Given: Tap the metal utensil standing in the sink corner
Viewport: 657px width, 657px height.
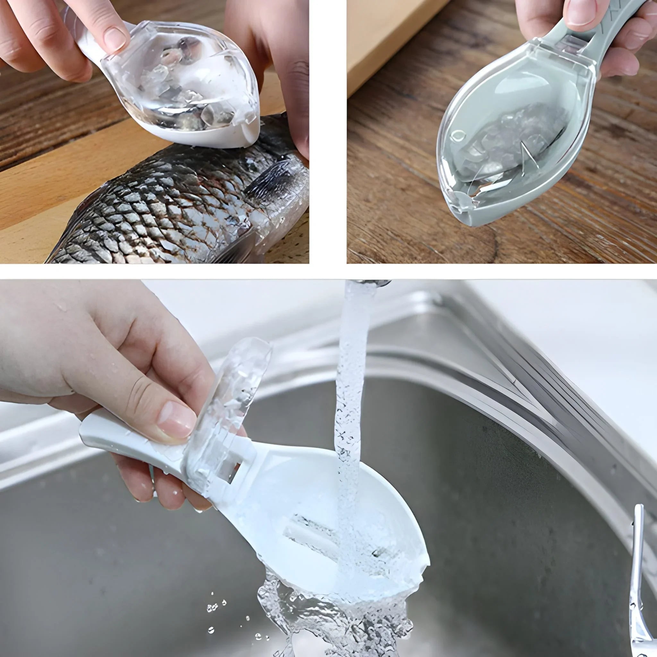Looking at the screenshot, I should (x=636, y=578).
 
